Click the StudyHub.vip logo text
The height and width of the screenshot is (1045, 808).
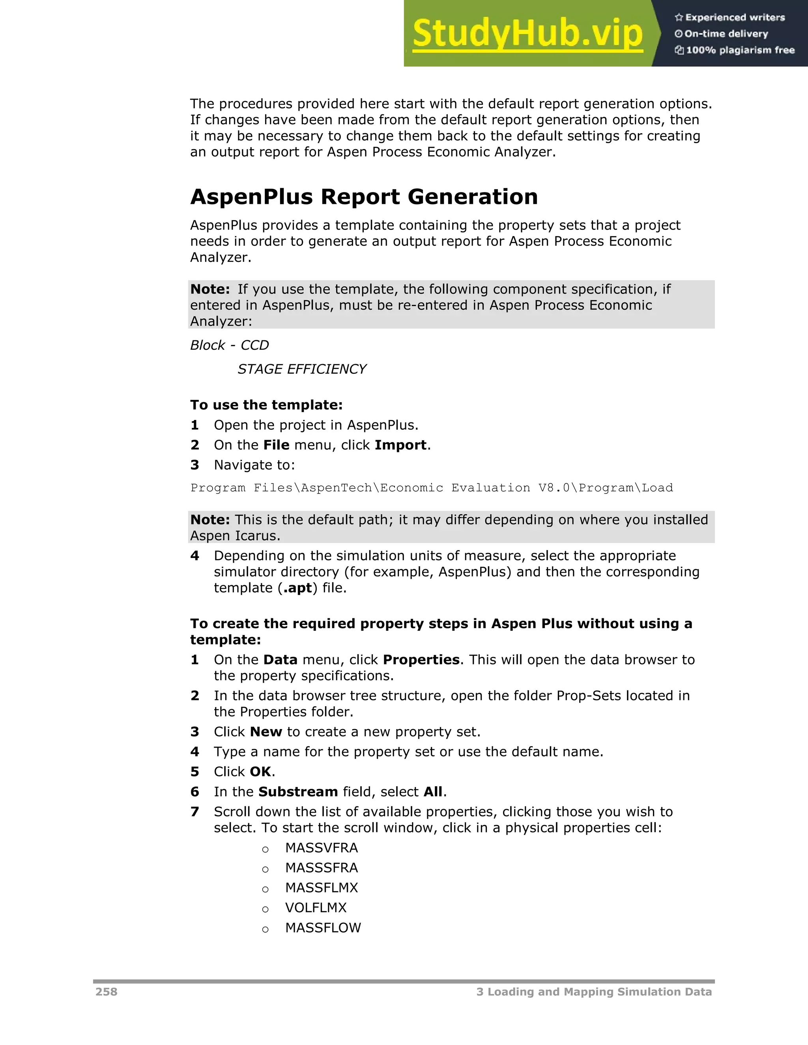(527, 34)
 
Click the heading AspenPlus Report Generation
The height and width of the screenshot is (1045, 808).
(364, 197)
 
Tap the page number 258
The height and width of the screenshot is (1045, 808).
(106, 992)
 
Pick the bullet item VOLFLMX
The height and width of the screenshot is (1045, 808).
(316, 908)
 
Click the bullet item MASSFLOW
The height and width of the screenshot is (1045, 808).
(323, 928)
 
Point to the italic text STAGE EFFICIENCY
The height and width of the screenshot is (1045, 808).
(301, 369)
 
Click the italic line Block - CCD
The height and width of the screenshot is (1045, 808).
(229, 345)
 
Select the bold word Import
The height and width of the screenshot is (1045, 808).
(400, 445)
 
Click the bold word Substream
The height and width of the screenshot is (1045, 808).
(298, 791)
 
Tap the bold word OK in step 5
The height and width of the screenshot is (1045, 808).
(260, 772)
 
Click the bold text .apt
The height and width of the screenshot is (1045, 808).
(297, 588)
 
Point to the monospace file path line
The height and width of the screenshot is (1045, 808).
(431, 487)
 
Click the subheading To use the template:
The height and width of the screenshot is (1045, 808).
(266, 405)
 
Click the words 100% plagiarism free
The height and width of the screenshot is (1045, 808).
(740, 50)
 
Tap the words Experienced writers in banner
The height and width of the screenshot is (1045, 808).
(735, 18)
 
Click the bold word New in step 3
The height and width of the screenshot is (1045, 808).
(266, 731)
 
